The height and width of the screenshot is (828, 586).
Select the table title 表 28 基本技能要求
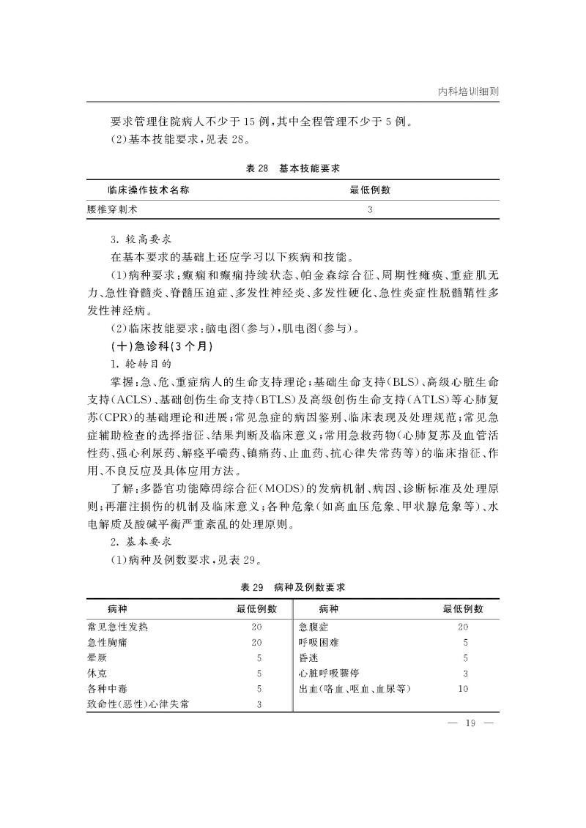pyautogui.click(x=293, y=168)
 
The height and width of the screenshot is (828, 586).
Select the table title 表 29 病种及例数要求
pyautogui.click(x=293, y=587)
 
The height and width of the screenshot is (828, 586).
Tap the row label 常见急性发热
pyautogui.click(x=118, y=627)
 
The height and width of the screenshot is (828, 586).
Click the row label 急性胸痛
pyautogui.click(x=108, y=643)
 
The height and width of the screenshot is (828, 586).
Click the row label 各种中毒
pyautogui.click(x=108, y=689)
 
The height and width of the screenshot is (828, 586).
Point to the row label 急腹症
pyautogui.click(x=315, y=627)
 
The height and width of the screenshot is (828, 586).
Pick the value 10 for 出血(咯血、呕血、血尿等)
pyautogui.click(x=463, y=689)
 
